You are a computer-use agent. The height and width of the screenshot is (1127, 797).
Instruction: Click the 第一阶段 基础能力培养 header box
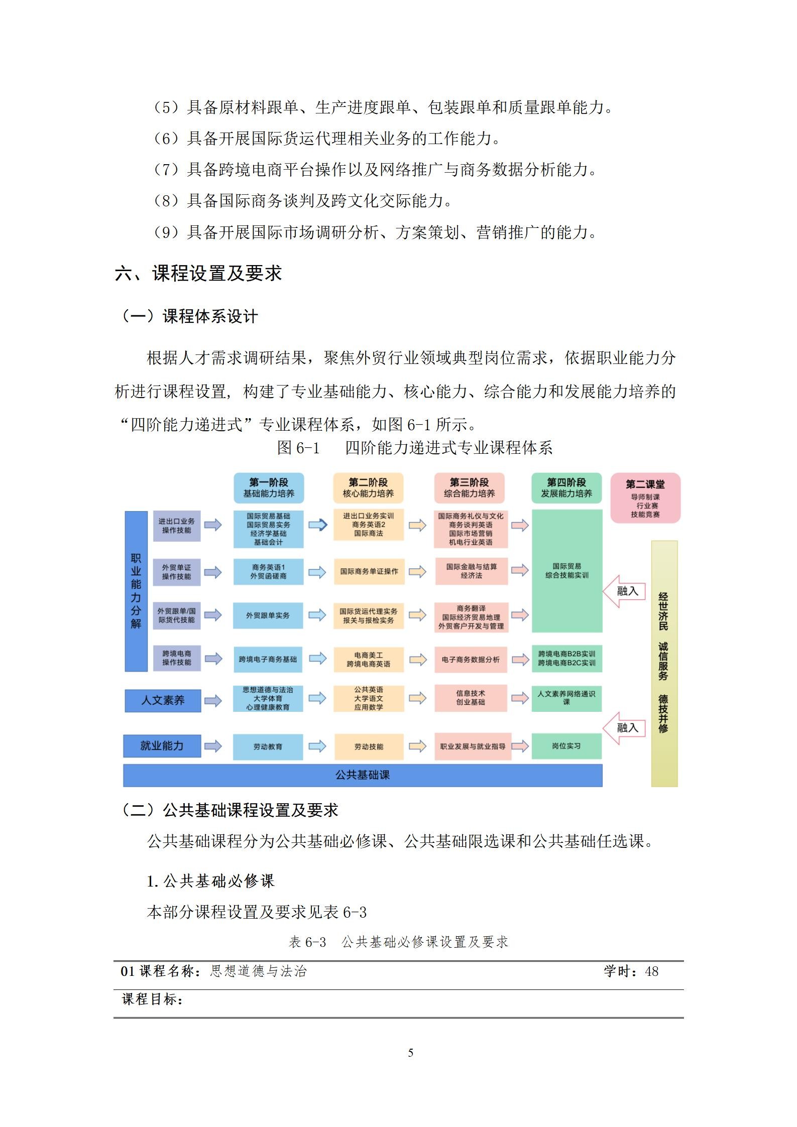[x=269, y=487]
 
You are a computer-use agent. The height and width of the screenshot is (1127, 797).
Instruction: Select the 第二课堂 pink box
[x=645, y=497]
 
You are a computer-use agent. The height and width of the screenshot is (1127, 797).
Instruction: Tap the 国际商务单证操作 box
[x=369, y=571]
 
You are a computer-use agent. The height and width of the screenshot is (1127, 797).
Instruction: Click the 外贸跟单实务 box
[x=268, y=615]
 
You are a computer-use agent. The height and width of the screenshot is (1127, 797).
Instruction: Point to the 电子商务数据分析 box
[x=471, y=660]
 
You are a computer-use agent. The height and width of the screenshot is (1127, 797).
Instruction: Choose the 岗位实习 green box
[x=566, y=746]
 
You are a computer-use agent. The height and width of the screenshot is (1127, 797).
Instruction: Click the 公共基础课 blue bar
[x=363, y=775]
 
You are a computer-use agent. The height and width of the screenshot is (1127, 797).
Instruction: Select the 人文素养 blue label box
[x=163, y=700]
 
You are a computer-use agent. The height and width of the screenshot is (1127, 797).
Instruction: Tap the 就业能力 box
[x=162, y=746]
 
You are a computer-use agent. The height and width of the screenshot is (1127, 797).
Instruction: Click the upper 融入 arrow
[x=625, y=591]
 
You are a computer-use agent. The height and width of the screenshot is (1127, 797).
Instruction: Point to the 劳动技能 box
[x=369, y=746]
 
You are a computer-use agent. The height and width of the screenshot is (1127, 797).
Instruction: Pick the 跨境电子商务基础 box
[x=268, y=659]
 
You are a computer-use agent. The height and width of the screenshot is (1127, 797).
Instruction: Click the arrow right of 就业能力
[x=213, y=746]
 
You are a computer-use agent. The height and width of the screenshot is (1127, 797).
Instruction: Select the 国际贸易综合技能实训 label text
[x=567, y=571]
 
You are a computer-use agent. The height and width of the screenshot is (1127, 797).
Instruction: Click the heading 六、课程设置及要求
[x=198, y=274]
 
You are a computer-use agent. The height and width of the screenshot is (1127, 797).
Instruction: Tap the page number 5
[x=411, y=1053]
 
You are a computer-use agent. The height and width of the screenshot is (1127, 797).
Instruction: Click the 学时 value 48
[x=651, y=971]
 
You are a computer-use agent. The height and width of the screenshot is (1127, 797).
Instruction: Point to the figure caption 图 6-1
[x=298, y=448]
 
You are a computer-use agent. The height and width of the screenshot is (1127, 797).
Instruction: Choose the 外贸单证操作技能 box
[x=177, y=572]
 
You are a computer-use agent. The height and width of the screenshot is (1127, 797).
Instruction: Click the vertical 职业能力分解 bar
[x=136, y=591]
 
